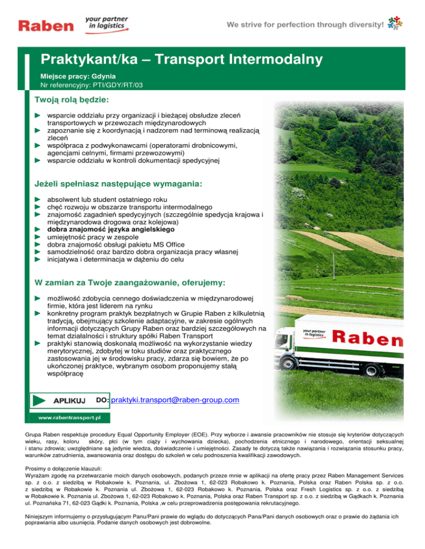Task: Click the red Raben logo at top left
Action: click(46, 25)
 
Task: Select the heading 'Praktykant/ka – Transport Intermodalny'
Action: click(182, 59)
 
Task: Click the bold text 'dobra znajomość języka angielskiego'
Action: click(111, 229)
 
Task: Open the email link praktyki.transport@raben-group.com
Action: click(175, 399)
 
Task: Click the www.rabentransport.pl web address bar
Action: click(69, 418)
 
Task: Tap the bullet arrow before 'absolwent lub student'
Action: click(38, 198)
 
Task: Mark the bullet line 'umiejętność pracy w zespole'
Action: click(92, 236)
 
